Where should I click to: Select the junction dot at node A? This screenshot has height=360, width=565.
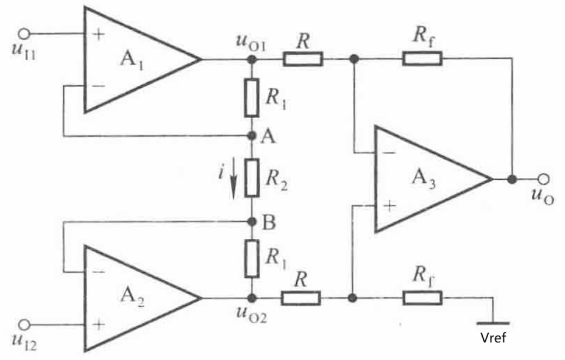(x=251, y=135)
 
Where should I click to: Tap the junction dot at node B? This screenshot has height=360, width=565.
(x=251, y=222)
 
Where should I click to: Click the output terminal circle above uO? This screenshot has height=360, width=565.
(x=543, y=179)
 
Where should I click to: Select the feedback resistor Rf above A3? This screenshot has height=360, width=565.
(x=422, y=58)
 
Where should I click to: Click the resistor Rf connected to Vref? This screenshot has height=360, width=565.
(x=422, y=298)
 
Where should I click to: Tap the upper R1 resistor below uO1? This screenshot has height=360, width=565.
(x=251, y=97)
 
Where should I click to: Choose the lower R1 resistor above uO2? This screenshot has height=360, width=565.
(x=251, y=258)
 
